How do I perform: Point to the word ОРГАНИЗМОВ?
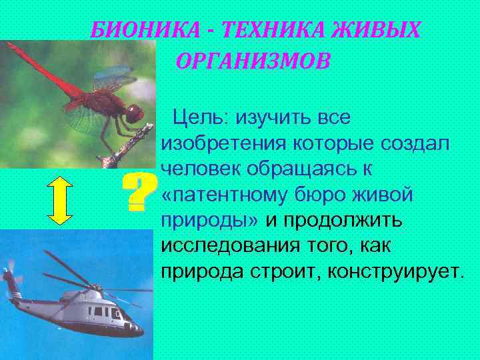253,61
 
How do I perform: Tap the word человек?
201,169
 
